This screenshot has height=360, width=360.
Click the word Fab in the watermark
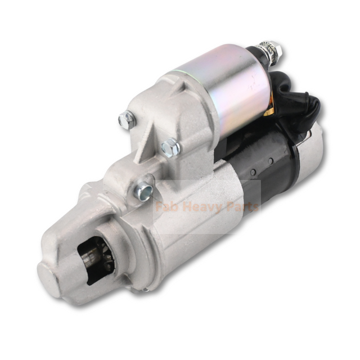(x=165, y=206)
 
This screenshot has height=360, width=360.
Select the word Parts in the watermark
(x=241, y=206)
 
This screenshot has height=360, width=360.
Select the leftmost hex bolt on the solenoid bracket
(x=127, y=119)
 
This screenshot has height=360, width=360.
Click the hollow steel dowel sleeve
(x=143, y=190)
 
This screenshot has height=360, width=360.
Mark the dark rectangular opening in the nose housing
(x=93, y=253)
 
